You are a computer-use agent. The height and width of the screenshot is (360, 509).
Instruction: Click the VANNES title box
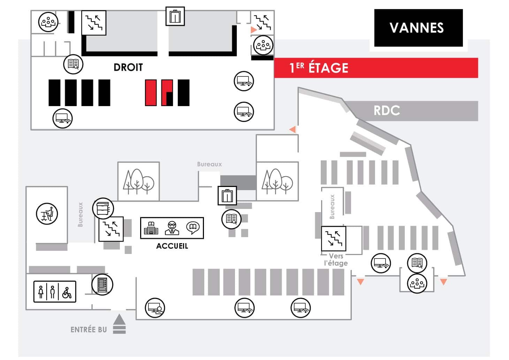coord(418,28)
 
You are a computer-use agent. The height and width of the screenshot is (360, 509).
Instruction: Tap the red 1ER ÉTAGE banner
coord(376,68)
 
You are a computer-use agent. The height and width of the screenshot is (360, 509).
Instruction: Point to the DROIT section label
coord(128,67)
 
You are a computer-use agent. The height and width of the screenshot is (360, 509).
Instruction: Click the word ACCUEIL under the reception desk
coord(172,246)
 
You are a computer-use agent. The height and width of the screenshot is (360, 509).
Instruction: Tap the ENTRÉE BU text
coord(89,330)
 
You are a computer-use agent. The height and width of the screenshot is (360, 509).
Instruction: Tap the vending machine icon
coord(102,285)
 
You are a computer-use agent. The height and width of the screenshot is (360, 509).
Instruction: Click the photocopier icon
coord(103,208)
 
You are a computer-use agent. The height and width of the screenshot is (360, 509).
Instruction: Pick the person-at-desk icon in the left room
coord(47,214)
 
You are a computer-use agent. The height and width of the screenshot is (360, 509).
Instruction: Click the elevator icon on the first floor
coord(175,16)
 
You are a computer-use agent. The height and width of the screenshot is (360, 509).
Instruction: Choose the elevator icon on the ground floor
coord(227,196)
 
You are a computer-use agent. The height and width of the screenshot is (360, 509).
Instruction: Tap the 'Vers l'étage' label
coord(336,260)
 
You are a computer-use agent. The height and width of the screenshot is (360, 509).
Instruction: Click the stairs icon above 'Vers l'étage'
coord(334,238)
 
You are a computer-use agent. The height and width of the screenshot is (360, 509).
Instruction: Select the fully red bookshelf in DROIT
coord(151,92)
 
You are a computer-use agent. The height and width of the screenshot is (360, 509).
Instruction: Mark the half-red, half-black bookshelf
coord(167,92)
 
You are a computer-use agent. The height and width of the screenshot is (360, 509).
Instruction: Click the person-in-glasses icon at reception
coord(172,228)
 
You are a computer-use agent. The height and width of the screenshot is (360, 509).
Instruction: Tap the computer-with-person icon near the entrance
coord(155,308)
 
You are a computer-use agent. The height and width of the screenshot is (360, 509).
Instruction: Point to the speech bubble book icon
coord(193,228)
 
